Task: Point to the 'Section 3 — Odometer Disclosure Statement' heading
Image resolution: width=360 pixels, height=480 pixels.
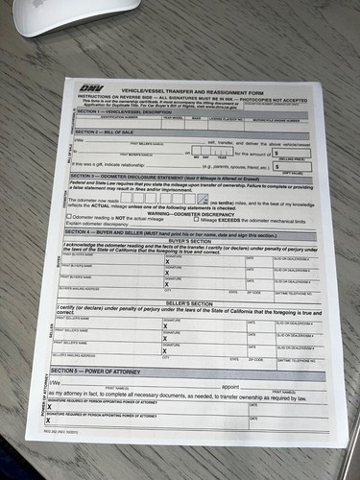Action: (174, 176)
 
